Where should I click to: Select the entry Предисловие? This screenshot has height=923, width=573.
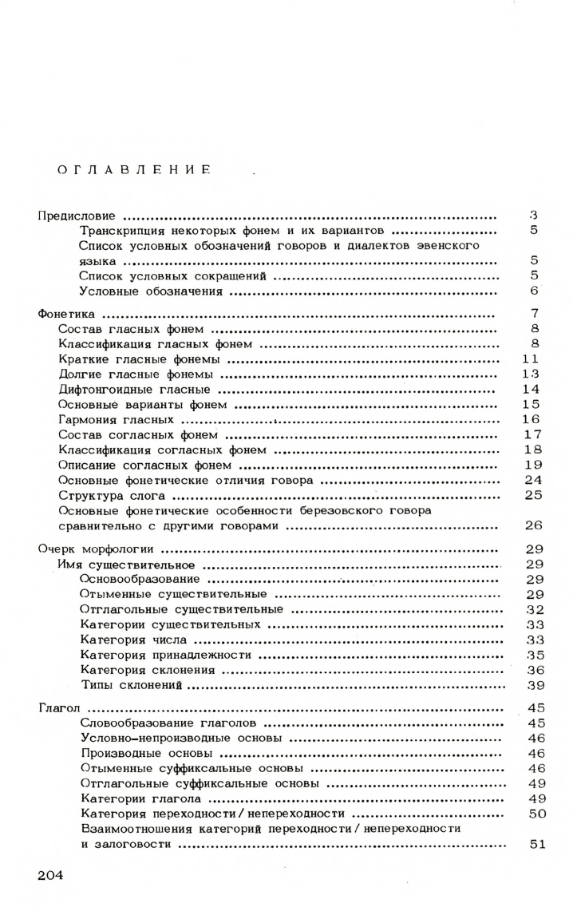coord(77,216)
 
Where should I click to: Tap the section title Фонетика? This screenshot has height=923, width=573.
coord(67,314)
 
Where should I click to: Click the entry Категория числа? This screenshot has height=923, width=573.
coord(134,640)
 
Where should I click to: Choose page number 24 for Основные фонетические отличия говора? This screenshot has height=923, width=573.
coord(533,481)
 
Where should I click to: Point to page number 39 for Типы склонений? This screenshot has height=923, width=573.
coord(534,685)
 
